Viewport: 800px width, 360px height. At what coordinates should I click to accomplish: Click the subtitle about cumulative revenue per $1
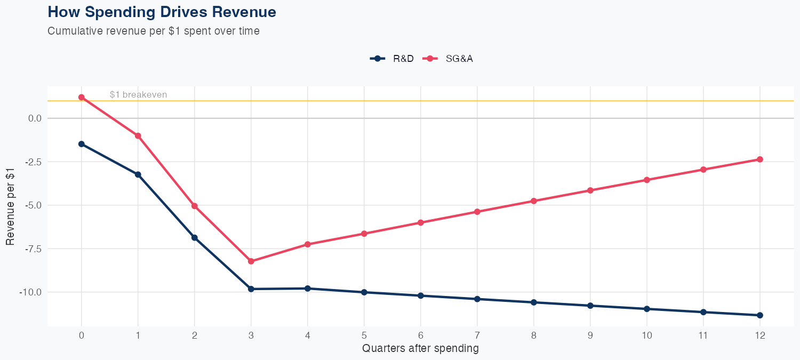[154, 31]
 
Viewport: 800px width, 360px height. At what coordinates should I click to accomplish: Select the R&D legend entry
[392, 59]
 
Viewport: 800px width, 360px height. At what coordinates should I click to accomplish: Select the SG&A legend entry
[448, 59]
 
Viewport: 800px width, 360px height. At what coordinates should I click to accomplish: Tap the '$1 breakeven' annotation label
[138, 94]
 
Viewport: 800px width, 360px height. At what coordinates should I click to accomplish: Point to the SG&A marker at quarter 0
[81, 97]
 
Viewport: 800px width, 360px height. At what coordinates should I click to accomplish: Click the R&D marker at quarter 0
[81, 144]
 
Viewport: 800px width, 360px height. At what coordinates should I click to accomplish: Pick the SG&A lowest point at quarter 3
[251, 261]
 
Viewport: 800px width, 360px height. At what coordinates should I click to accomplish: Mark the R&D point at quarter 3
[251, 289]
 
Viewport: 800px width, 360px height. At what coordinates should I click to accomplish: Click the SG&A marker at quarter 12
[760, 159]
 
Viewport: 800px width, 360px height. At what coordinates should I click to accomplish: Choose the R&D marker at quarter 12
[760, 315]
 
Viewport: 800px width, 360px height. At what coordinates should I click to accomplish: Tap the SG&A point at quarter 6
[421, 222]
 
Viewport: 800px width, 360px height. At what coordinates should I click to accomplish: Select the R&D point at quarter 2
[195, 238]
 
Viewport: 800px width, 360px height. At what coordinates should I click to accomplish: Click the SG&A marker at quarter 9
[590, 190]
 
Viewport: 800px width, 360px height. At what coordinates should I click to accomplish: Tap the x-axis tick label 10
[647, 335]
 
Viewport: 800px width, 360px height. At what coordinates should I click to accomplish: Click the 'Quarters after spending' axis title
[420, 349]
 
